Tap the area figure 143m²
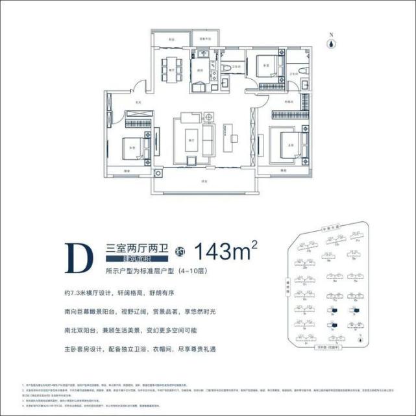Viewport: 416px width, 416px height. (x=226, y=251)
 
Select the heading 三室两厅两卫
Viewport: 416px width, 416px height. (x=137, y=247)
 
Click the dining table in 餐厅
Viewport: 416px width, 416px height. (x=171, y=66)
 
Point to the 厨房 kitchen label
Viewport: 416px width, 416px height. (x=201, y=69)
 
